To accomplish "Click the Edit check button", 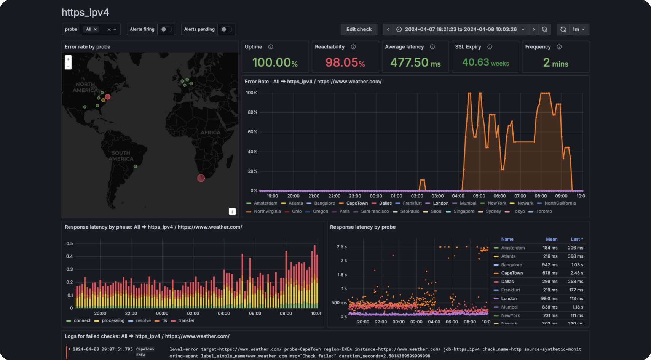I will pos(359,29).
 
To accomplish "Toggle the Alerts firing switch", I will pos(166,29).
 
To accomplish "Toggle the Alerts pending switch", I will pos(226,29).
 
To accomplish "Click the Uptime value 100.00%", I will pos(275,62).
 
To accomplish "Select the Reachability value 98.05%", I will pos(345,62).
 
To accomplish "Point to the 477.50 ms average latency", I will pos(415,62).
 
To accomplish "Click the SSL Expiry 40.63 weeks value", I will pos(485,62).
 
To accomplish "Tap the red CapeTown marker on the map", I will pos(201,178).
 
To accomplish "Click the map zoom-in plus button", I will pos(68,59).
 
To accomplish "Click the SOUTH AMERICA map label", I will pos(121,156).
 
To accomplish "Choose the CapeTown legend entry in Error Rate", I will pos(357,203).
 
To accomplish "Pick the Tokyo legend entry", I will pos(518,211).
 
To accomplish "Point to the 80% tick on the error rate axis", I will pos(252,112).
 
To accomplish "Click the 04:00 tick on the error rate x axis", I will pos(458,196).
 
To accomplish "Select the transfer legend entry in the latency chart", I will pos(186,321).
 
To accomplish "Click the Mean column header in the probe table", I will pos(551,239).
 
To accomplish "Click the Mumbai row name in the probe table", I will pos(509,307).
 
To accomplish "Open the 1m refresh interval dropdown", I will pos(578,29).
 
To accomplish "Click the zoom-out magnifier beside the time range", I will pos(544,29).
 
